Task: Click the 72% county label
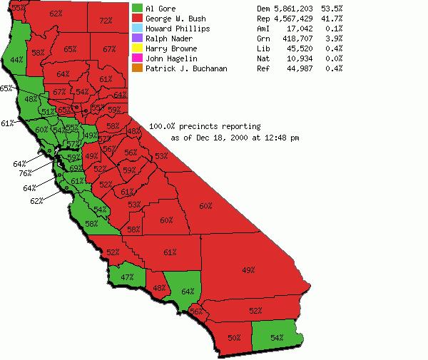106,21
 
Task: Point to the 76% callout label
25,173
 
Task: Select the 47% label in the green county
127,277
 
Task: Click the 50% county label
234,337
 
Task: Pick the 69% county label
73,168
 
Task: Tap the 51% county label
48,112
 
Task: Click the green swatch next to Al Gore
137,9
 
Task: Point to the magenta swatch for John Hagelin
137,58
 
